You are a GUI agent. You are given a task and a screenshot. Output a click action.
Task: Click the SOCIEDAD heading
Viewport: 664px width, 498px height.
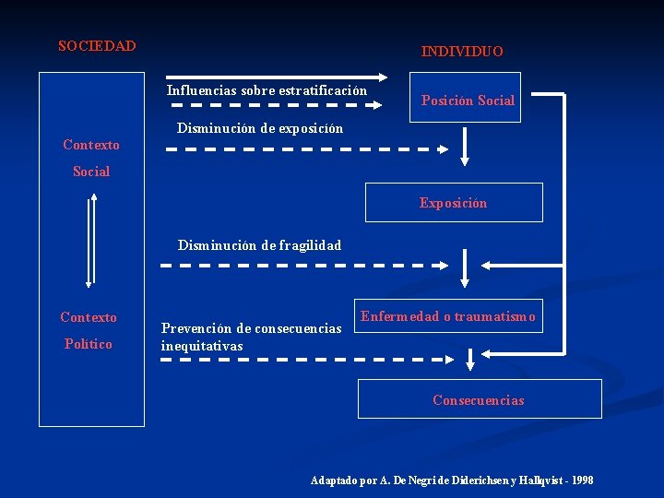pos(97,46)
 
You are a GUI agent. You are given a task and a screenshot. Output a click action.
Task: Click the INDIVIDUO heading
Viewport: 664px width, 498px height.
pos(462,52)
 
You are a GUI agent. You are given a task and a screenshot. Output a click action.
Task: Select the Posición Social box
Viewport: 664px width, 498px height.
pos(468,97)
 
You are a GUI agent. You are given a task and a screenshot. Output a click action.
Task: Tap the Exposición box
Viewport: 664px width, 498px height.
pos(453,203)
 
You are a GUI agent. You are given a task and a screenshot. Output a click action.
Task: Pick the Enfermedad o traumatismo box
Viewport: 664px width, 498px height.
pos(448,316)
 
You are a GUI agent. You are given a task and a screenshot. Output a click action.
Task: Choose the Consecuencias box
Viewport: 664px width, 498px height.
pos(479,399)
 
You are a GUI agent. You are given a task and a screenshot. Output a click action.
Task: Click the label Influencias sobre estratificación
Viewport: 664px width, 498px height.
pos(267,90)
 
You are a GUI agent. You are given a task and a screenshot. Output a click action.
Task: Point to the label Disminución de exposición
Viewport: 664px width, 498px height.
pos(260,128)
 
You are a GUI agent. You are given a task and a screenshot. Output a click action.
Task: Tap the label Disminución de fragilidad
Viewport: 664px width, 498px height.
pos(259,245)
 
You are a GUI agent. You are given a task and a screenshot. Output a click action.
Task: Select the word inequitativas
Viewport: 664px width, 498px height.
pos(202,346)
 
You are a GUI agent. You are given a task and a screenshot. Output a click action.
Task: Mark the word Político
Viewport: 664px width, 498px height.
pos(89,344)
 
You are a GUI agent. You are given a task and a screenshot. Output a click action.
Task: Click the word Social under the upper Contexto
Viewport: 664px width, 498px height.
pos(91,172)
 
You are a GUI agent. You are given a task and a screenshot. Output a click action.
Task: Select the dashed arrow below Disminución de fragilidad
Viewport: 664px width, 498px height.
pos(303,266)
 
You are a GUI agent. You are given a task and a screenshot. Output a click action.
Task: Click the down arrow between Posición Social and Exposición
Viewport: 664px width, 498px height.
pos(465,147)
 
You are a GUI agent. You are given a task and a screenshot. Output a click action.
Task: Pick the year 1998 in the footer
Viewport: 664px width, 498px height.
pos(582,480)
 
